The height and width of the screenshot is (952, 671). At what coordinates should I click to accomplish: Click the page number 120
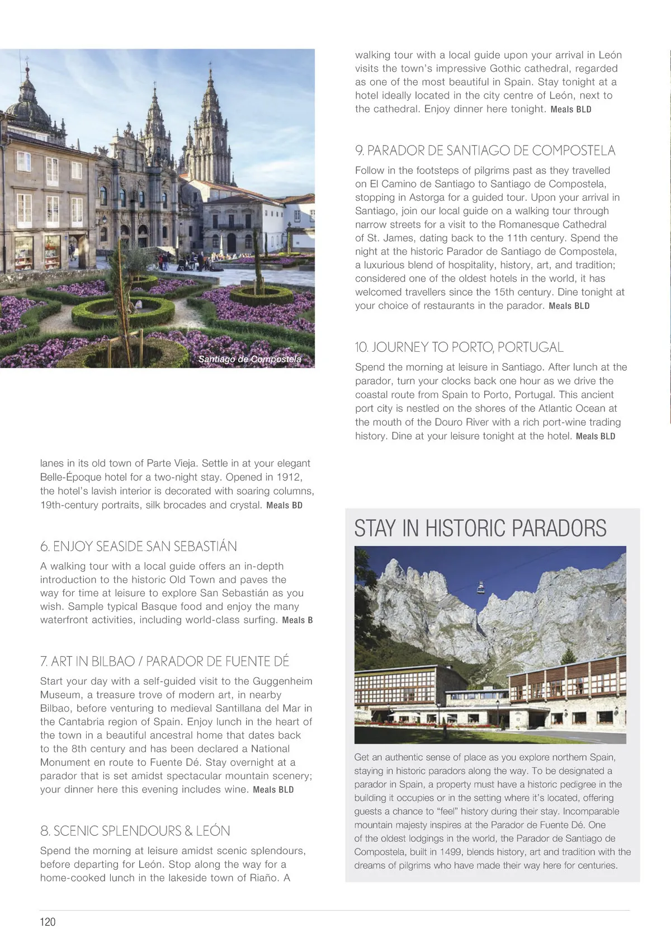[x=48, y=922]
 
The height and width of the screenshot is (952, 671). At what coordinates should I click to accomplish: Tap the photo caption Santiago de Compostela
[x=249, y=359]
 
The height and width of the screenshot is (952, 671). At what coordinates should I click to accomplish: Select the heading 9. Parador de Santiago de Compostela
[x=485, y=150]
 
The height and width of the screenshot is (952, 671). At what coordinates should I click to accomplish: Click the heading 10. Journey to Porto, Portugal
[x=459, y=347]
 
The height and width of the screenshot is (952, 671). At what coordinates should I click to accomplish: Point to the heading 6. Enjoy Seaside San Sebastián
[x=138, y=546]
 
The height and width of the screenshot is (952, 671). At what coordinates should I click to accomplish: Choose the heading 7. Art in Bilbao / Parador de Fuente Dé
[x=164, y=661]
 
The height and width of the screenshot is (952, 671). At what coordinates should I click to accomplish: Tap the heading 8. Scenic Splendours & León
[x=135, y=831]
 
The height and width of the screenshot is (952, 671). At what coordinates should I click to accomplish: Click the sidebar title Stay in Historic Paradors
[x=480, y=529]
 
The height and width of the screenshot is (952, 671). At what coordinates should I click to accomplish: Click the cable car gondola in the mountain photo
[x=480, y=587]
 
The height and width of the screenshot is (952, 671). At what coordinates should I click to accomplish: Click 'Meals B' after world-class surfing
[x=297, y=620]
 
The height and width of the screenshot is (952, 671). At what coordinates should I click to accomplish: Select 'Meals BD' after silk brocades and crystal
[x=284, y=506]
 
